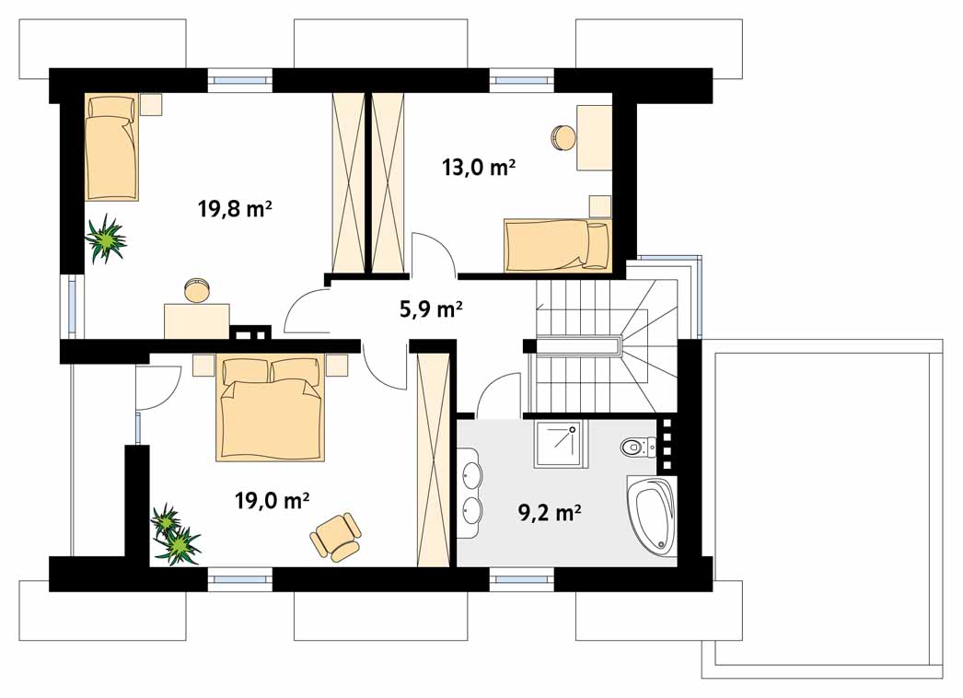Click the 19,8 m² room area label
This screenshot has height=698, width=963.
[235, 209]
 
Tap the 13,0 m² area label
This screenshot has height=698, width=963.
[479, 167]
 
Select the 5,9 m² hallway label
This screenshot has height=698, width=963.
[431, 308]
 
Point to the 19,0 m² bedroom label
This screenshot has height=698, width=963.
[272, 500]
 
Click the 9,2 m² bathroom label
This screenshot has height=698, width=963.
[551, 512]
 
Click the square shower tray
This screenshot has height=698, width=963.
[560, 444]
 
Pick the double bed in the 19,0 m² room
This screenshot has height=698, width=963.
[271, 409]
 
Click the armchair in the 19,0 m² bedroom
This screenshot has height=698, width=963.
[335, 537]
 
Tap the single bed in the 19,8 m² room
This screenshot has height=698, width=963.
[111, 147]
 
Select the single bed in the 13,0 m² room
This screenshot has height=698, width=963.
[557, 246]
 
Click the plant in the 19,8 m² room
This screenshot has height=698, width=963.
[106, 238]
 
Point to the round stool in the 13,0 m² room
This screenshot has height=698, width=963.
[563, 137]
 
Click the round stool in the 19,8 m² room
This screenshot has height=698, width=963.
[197, 290]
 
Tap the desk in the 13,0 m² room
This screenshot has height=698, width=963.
[594, 137]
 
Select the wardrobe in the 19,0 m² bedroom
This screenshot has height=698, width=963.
[434, 460]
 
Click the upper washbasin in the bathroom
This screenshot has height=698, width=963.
[470, 473]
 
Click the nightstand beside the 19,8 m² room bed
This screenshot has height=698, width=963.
[151, 104]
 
